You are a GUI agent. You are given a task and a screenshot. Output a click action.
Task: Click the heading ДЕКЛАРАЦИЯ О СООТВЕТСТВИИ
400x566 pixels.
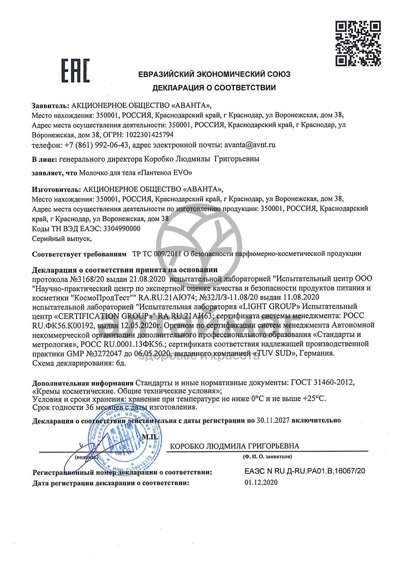coord(214,88)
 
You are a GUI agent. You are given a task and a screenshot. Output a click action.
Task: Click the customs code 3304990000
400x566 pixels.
coord(121,229)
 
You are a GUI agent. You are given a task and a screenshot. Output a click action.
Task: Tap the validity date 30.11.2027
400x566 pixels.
coord(279,420)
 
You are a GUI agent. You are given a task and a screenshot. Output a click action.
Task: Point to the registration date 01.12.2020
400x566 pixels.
coord(261,482)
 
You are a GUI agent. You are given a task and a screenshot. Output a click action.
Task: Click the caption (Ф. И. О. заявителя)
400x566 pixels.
coord(267,457)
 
